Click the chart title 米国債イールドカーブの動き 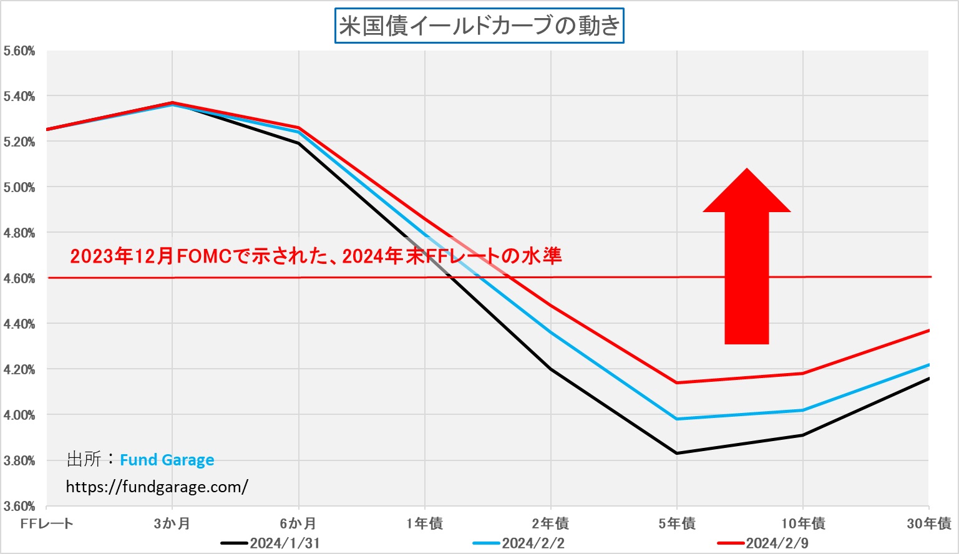(479, 26)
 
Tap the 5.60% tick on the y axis (19, 51)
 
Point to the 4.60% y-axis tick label (19, 278)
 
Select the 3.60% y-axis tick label (19, 506)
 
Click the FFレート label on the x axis (47, 523)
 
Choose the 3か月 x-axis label (172, 523)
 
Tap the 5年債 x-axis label (677, 523)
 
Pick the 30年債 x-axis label (928, 523)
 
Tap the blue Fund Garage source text (167, 460)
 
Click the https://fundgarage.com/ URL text (157, 487)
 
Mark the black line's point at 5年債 (677, 453)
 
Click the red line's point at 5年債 (677, 382)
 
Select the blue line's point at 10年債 (803, 410)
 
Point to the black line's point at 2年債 (551, 369)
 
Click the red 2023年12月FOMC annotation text (316, 256)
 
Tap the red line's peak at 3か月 (172, 102)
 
